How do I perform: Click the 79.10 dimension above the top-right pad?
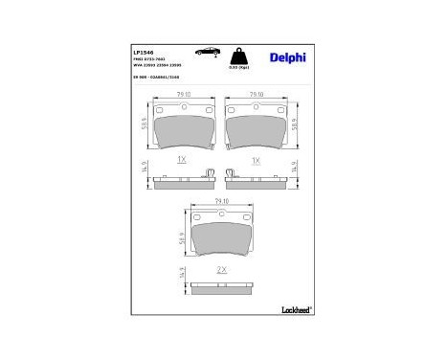256,95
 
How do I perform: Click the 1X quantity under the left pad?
180,162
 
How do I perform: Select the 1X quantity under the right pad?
256,162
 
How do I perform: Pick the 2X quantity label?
221,271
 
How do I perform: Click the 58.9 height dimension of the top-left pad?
142,125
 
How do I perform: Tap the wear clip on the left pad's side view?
208,173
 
